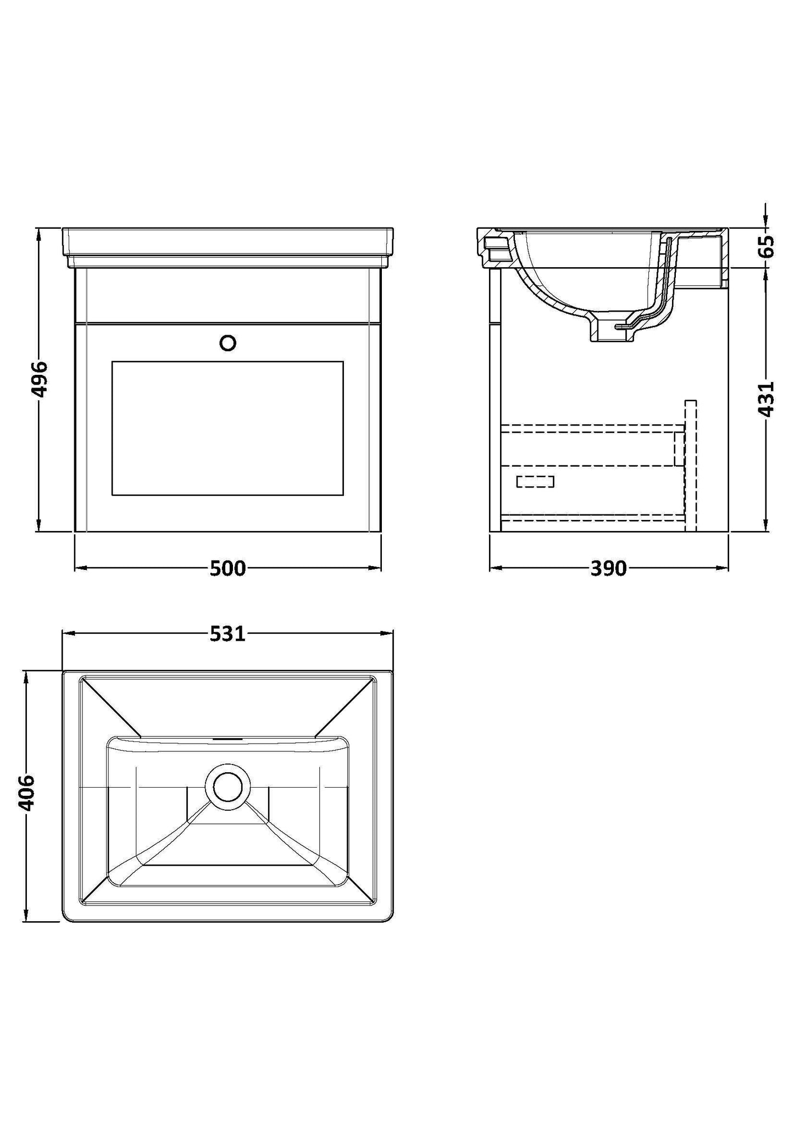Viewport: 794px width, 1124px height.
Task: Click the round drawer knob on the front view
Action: [227, 344]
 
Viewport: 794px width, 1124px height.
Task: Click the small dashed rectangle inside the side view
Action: [535, 481]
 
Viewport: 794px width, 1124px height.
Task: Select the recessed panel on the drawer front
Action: [227, 428]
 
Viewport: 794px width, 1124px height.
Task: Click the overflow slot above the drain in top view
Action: [227, 739]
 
